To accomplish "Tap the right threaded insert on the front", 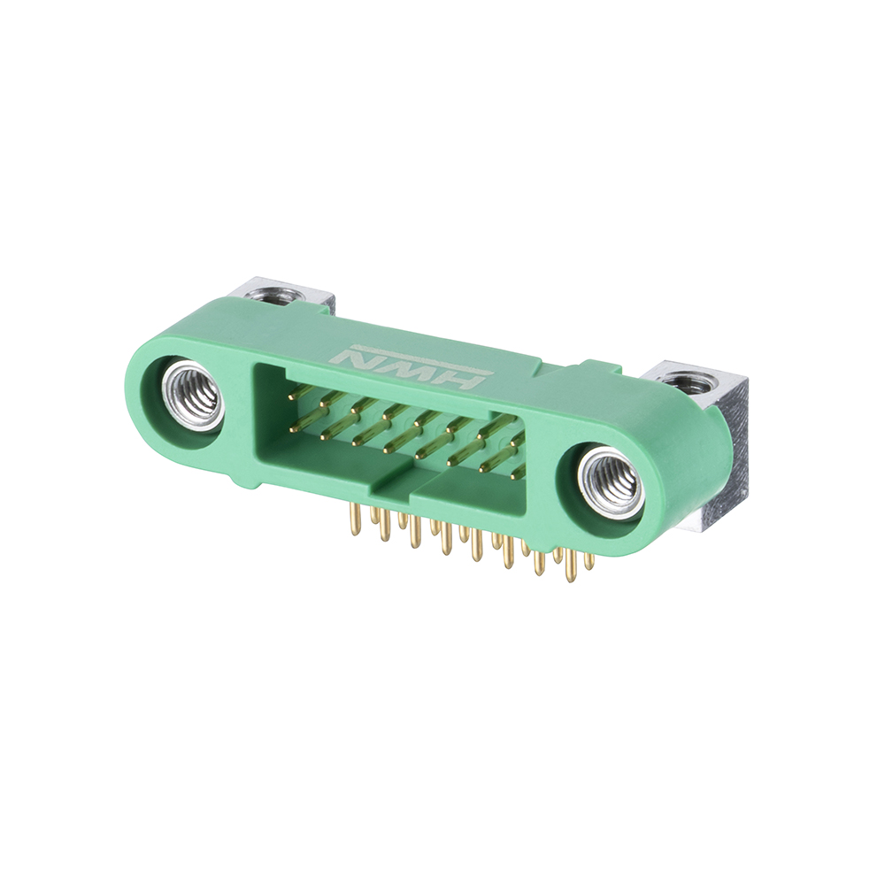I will tap(612, 481).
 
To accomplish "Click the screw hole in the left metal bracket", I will tap(274, 295).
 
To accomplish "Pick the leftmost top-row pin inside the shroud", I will tap(301, 391).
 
